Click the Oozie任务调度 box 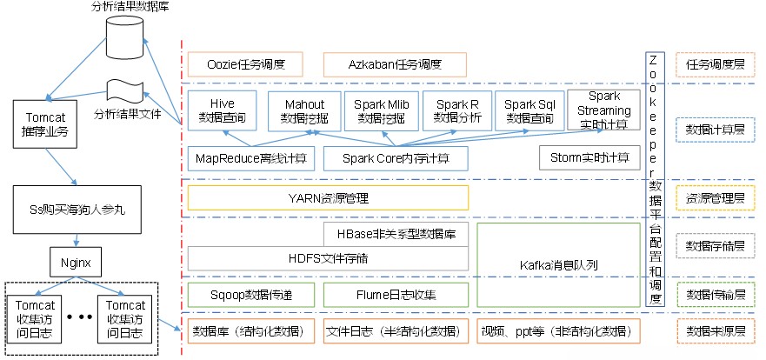244,64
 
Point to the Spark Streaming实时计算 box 603,108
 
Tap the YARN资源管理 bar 328,197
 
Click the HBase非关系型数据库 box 396,234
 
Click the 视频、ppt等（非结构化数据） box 558,331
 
